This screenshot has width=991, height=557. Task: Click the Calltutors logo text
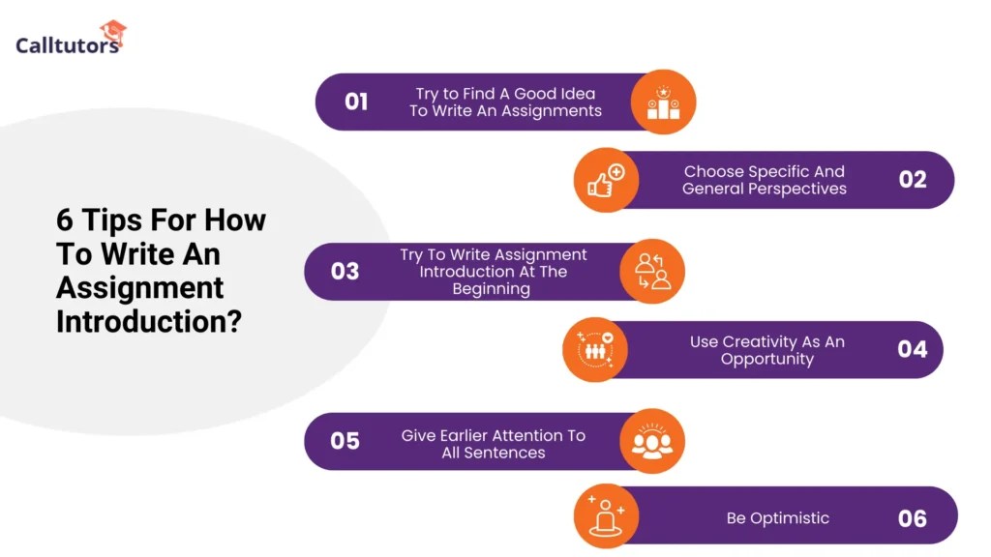[x=67, y=44]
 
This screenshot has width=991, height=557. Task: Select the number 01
[x=356, y=102]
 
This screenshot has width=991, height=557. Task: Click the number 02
[x=912, y=180]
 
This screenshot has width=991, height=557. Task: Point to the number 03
[x=345, y=272]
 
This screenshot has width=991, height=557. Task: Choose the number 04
[x=912, y=349]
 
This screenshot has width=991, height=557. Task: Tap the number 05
[x=345, y=441]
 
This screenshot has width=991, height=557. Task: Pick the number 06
[x=912, y=518]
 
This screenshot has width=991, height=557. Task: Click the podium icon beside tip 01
[x=663, y=102]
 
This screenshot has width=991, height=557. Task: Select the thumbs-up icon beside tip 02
[x=606, y=180]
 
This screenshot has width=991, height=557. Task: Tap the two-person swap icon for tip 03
[x=652, y=272]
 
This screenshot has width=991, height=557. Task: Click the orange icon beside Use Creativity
[x=595, y=349]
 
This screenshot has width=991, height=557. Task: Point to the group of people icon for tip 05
[x=652, y=441]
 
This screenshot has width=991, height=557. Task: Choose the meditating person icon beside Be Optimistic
[x=606, y=518]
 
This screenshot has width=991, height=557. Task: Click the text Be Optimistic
[x=777, y=518]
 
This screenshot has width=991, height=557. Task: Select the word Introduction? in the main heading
[x=148, y=320]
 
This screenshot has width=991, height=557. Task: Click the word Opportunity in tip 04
[x=766, y=359]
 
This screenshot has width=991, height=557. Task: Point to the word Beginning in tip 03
[x=491, y=289]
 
